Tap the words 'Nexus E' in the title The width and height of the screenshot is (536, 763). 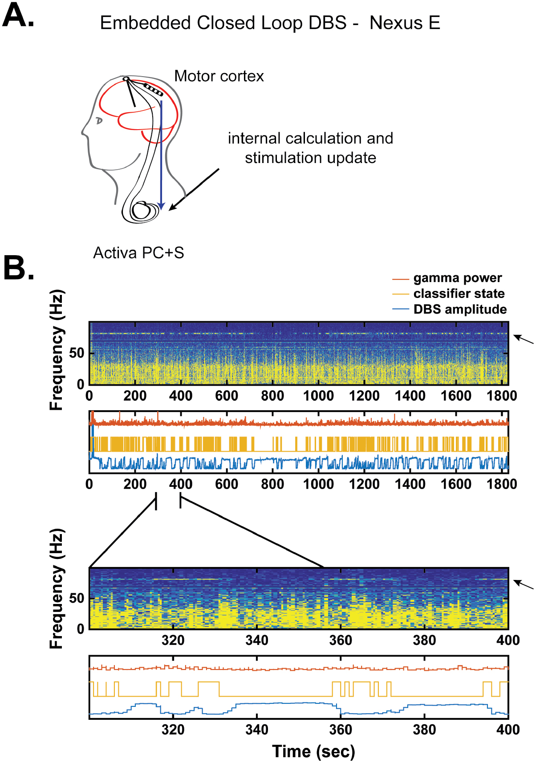(x=405, y=23)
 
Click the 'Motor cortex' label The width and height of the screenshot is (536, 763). (x=219, y=76)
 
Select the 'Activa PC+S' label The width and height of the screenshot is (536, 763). (x=138, y=253)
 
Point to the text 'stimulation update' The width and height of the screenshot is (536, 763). (x=311, y=158)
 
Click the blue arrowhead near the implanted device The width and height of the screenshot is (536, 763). (x=162, y=206)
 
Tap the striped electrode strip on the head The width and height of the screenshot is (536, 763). (x=153, y=90)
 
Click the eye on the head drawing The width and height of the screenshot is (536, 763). (x=99, y=121)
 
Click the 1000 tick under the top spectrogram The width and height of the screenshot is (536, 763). (x=318, y=396)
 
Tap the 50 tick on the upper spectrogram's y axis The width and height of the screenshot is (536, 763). (x=77, y=353)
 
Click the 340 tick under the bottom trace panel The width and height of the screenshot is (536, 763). (x=257, y=730)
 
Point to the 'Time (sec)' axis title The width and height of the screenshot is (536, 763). (x=313, y=752)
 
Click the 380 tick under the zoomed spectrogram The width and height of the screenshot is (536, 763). (x=424, y=641)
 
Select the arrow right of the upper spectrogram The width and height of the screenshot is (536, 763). (x=524, y=339)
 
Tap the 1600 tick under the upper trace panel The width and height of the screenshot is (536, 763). (x=456, y=484)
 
